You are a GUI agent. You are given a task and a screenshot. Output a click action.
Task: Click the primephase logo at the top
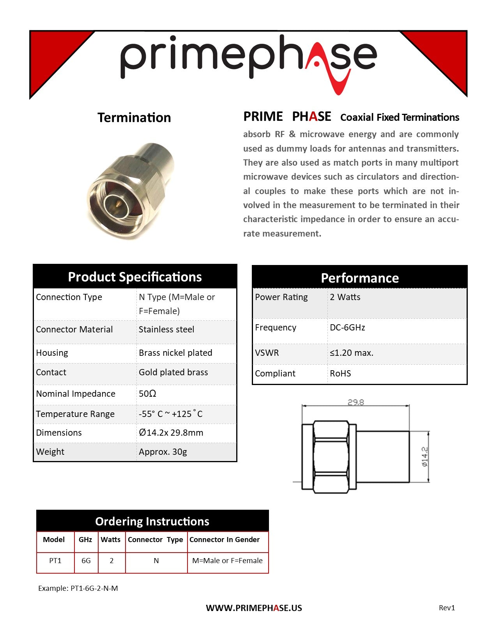tap(248, 58)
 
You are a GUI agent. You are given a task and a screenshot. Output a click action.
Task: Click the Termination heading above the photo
tap(134, 118)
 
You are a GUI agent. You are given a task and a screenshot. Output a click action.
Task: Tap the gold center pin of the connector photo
tap(117, 203)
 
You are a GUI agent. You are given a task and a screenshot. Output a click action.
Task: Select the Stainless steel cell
tap(166, 330)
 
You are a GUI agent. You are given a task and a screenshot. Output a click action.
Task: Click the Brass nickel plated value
tap(175, 353)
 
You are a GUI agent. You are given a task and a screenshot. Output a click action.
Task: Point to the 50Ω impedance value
tap(147, 394)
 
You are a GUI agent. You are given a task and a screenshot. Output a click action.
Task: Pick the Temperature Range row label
tap(75, 414)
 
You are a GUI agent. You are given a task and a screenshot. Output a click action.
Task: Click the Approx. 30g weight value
tap(163, 452)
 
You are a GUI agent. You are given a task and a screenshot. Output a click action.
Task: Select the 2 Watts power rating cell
tap(345, 297)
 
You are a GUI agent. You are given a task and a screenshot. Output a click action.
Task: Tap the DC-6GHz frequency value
tap(347, 328)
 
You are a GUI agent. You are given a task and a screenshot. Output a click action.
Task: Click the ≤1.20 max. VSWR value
tap(351, 353)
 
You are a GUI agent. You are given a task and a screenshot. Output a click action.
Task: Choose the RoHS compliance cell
tap(340, 374)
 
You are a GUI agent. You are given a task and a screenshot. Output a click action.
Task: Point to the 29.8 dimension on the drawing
tap(356, 402)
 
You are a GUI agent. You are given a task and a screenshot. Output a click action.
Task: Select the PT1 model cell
tap(55, 561)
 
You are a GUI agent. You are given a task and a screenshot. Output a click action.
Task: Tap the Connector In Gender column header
tap(225, 540)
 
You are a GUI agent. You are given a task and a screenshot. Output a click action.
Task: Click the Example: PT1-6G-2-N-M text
tap(78, 588)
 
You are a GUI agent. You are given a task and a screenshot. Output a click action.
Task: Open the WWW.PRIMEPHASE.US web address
tap(254, 608)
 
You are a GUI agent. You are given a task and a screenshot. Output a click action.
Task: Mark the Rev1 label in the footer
tap(447, 608)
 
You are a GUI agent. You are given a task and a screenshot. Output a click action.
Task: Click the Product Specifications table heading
tap(135, 277)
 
